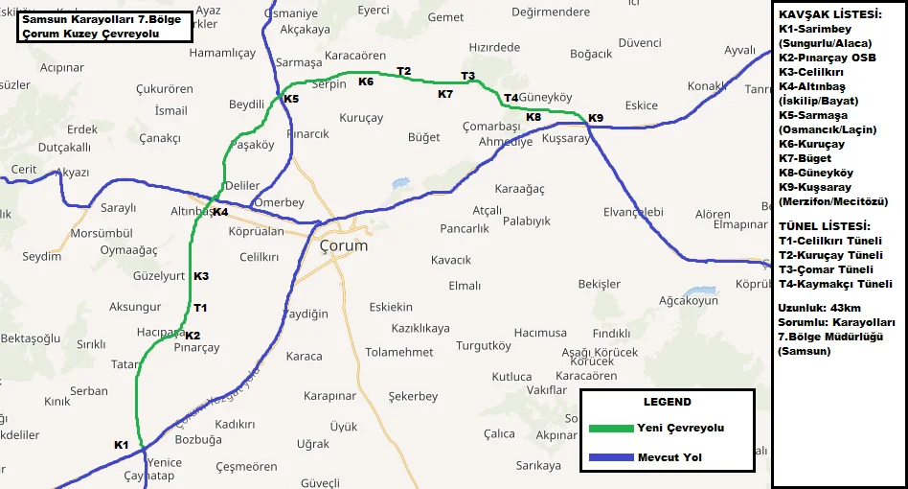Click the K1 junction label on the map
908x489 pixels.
[x=121, y=445]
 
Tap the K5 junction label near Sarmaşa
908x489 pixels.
[x=291, y=99]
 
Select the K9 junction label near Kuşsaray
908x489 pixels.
[x=596, y=118]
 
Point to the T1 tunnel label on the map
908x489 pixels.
[x=200, y=308]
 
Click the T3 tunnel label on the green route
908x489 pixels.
[x=467, y=76]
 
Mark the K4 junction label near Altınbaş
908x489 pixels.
[x=220, y=212]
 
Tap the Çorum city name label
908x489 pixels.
[x=343, y=245]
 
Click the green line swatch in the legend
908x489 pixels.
[x=608, y=428]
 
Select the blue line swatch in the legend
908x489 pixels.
[x=608, y=457]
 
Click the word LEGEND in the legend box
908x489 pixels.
[x=667, y=402]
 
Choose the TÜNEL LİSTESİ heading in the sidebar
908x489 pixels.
[x=825, y=225]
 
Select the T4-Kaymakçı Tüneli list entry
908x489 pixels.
[x=836, y=284]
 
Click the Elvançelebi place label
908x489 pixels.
[x=633, y=212]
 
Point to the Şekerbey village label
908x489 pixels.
[x=413, y=396]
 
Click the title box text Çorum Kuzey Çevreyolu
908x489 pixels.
[x=91, y=34]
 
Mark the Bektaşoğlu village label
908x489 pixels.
[x=31, y=338]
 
